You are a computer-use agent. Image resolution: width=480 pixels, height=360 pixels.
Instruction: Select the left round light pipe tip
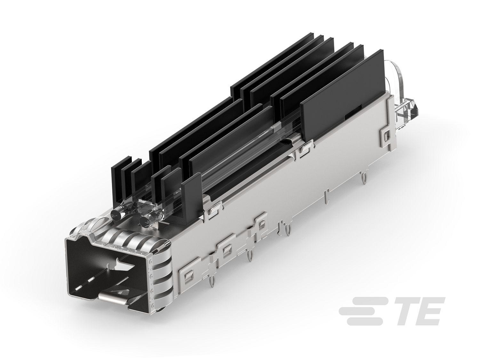pyautogui.click(x=115, y=214)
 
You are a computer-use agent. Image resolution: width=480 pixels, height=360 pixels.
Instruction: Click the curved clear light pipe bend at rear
pyautogui.click(x=398, y=80)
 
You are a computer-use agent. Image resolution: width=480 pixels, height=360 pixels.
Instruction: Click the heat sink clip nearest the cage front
pyautogui.click(x=213, y=213)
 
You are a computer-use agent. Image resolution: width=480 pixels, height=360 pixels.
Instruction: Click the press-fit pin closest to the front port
pyautogui.click(x=212, y=282)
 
